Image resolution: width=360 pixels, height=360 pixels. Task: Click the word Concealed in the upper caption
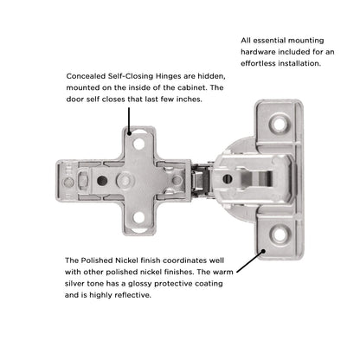pyautogui.click(x=85, y=75)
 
